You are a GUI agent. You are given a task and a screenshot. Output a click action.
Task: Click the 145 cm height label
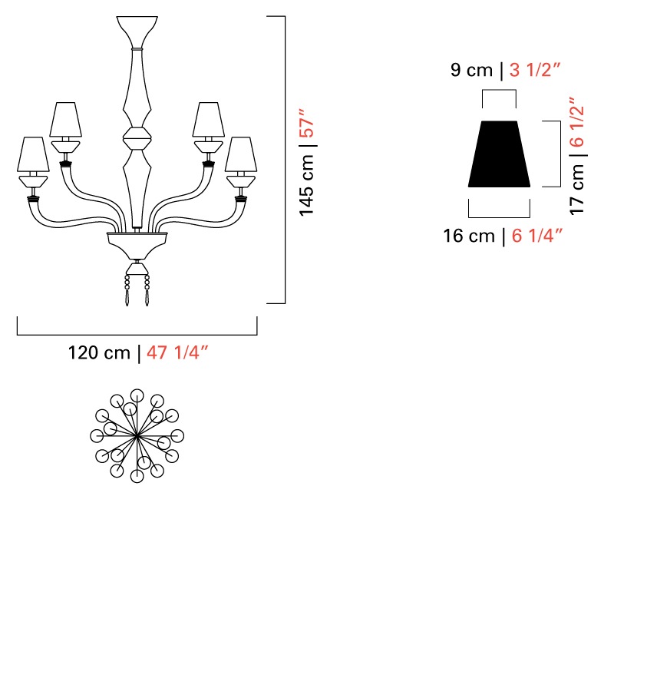(307, 185)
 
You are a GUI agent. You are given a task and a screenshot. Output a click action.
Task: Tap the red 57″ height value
(307, 123)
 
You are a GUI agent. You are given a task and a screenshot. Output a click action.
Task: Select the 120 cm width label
(99, 352)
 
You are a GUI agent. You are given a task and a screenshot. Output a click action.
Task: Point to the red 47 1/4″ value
(177, 352)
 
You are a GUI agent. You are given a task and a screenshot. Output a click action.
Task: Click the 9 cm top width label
(471, 70)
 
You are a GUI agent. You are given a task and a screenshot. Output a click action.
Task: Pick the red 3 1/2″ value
(534, 70)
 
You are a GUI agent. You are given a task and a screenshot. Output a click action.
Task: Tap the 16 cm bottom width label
(469, 236)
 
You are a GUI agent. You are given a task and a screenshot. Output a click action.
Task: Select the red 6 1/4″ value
(537, 236)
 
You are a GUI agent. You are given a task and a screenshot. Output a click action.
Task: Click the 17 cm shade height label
(577, 189)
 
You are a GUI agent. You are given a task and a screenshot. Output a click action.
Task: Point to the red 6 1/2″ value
(577, 122)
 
